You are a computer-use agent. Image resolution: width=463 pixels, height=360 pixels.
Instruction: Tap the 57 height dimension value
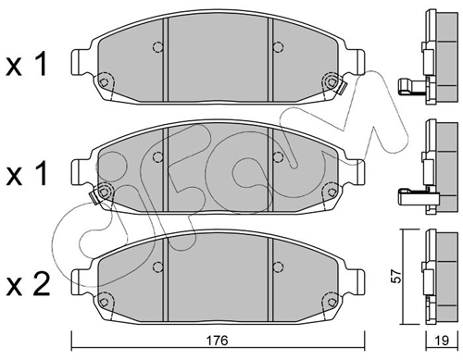[x=395, y=276]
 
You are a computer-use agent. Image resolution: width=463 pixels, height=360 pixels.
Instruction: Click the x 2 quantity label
[x=28, y=285]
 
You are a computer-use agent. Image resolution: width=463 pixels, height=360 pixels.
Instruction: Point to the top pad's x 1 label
[x=27, y=64]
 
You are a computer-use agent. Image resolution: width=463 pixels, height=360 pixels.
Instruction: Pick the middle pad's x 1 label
[x=27, y=173]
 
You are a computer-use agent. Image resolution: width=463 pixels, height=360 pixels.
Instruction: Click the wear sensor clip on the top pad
[x=343, y=88]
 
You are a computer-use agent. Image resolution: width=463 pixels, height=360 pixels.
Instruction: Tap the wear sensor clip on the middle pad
[x=94, y=197]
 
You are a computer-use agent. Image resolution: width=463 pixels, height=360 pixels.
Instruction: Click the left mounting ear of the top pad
[x=78, y=62]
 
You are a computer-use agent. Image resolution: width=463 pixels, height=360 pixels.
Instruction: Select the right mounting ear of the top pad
[x=357, y=62]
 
